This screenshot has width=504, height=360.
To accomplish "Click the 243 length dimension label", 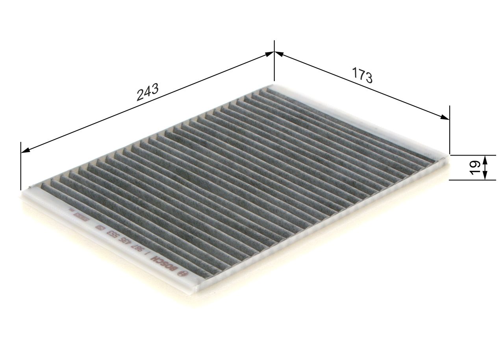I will tap(147, 92).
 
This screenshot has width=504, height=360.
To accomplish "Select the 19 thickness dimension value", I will tap(474, 167).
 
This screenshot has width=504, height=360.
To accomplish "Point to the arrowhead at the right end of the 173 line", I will tap(445, 117).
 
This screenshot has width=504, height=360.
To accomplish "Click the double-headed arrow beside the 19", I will tap(485, 167).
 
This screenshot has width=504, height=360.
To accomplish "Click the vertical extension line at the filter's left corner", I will tap(20, 165).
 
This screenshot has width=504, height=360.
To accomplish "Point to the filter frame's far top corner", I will tap(273, 85).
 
